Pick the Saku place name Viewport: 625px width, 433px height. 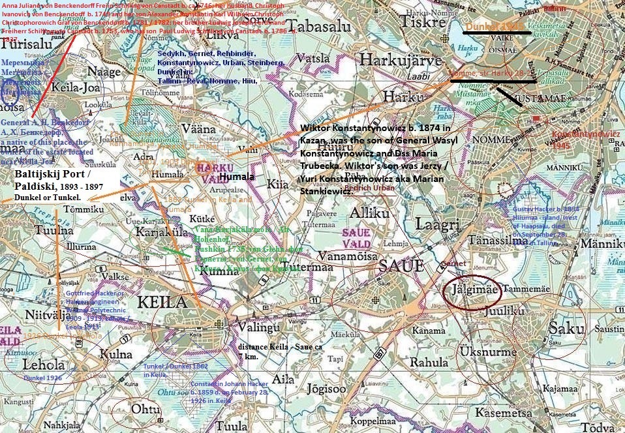click(566, 328)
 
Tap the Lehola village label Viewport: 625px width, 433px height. click(44, 365)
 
